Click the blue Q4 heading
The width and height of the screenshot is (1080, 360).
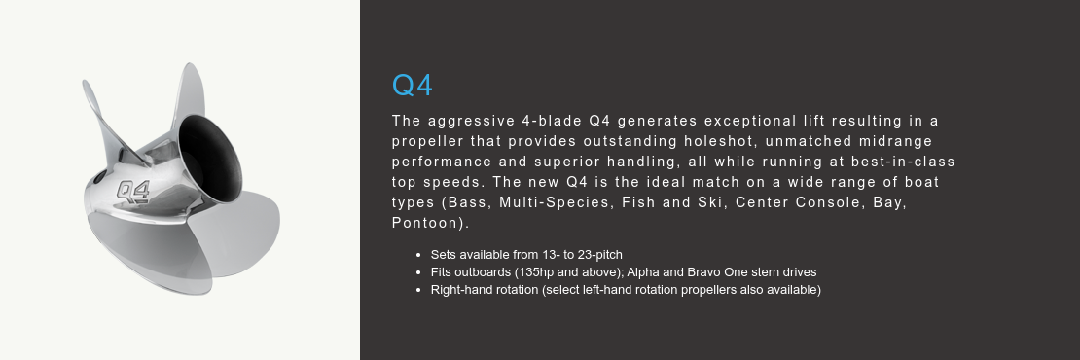[x=412, y=86]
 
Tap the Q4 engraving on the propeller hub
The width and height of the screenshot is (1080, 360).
[x=133, y=189]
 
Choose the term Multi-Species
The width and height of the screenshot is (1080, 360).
[x=557, y=202]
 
